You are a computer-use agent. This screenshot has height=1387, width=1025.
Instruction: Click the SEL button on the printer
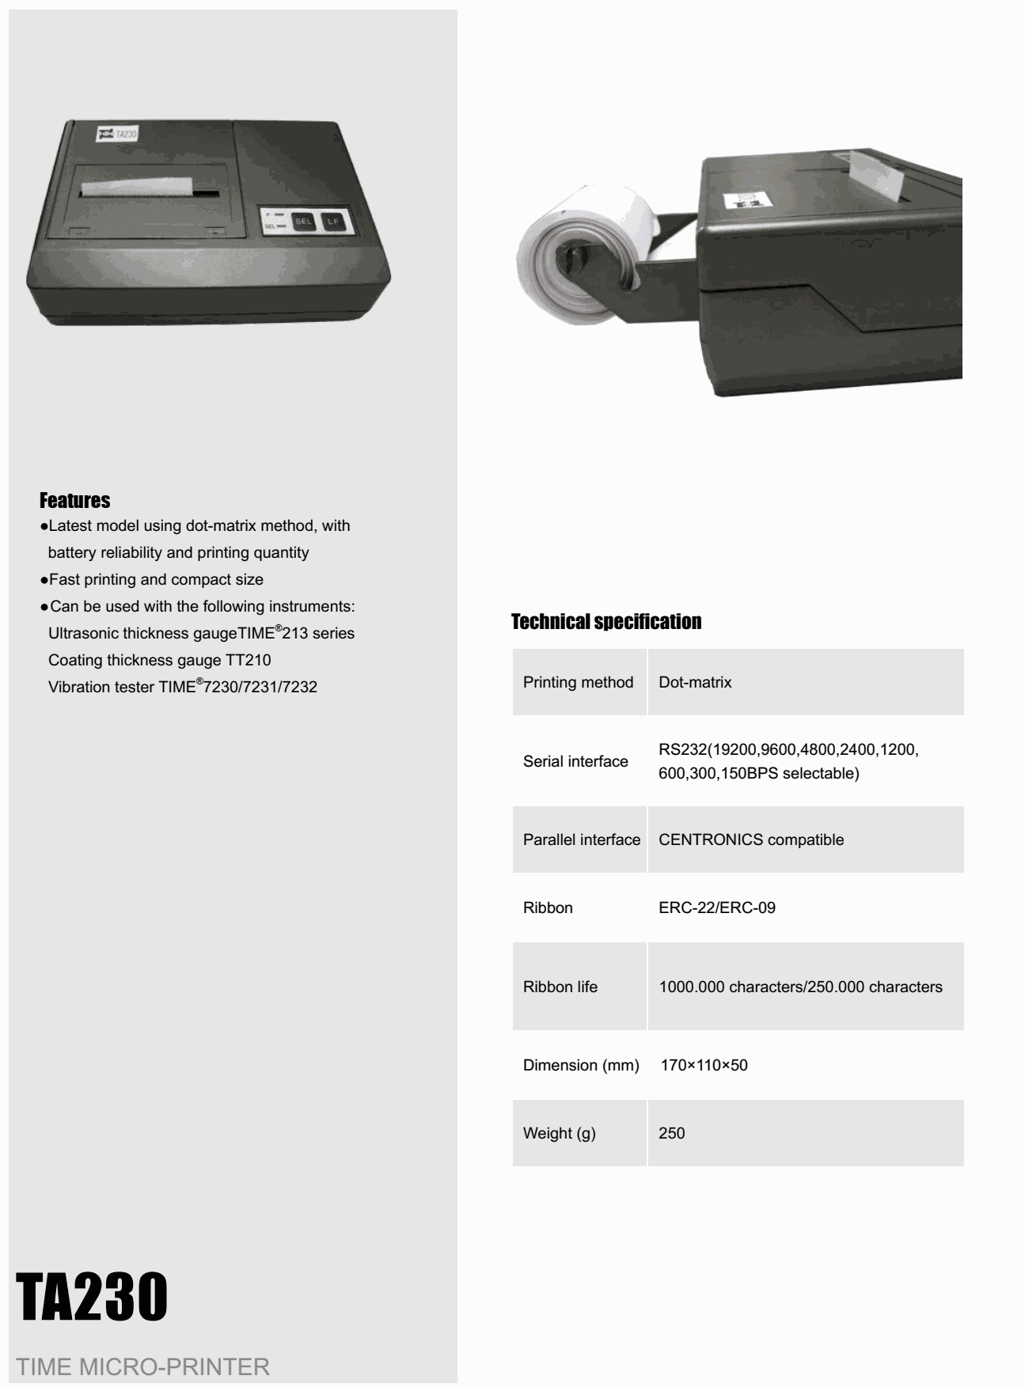303,222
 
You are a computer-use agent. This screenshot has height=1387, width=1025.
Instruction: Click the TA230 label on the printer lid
117,135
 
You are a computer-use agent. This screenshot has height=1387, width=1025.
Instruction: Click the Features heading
74,500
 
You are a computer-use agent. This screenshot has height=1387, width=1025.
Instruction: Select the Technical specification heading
606,622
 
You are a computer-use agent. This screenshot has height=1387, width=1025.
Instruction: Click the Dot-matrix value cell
695,682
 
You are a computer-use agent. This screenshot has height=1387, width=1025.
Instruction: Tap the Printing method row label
578,682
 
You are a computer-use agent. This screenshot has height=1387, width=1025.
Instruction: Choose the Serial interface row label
575,761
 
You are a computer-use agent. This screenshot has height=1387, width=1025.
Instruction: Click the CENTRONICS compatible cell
751,839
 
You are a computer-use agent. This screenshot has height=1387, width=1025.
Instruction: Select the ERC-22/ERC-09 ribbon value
717,908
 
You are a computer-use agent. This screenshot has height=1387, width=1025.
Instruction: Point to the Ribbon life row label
560,987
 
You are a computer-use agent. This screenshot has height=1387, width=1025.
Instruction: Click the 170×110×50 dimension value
704,1065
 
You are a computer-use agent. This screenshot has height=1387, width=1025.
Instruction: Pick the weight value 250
672,1133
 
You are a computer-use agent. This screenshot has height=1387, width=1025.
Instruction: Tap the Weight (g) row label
560,1133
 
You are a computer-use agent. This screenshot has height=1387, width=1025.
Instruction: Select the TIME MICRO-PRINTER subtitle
143,1366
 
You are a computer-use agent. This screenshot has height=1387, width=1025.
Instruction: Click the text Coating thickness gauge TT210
160,660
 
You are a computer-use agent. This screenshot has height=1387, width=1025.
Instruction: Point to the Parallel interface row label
582,839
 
